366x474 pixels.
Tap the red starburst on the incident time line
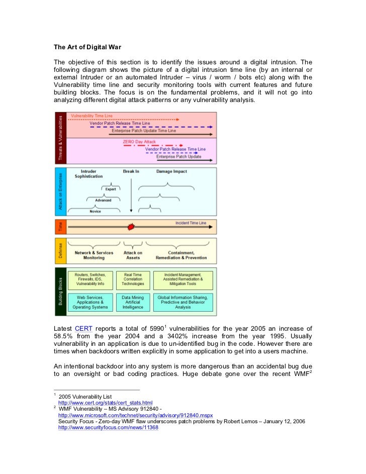pyautogui.click(x=132, y=227)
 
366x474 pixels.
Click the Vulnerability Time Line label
pyautogui.click(x=91, y=116)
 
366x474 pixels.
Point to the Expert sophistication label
pyautogui.click(x=111, y=189)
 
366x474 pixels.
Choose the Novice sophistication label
pyautogui.click(x=96, y=212)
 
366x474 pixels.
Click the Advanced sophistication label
pyautogui.click(x=103, y=200)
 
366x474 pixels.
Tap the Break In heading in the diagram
pyautogui.click(x=131, y=171)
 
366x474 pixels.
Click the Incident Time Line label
pyautogui.click(x=191, y=222)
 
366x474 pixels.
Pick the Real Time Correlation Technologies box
pyautogui.click(x=133, y=280)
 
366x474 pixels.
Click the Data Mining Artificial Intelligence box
pyautogui.click(x=133, y=302)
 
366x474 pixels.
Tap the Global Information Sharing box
pyautogui.click(x=183, y=302)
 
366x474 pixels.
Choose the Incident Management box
pyautogui.click(x=183, y=280)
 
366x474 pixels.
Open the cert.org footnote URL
pyautogui.click(x=105, y=403)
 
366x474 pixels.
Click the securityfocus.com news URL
pyautogui.click(x=108, y=427)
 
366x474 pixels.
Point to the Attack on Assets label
pyautogui.click(x=133, y=255)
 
